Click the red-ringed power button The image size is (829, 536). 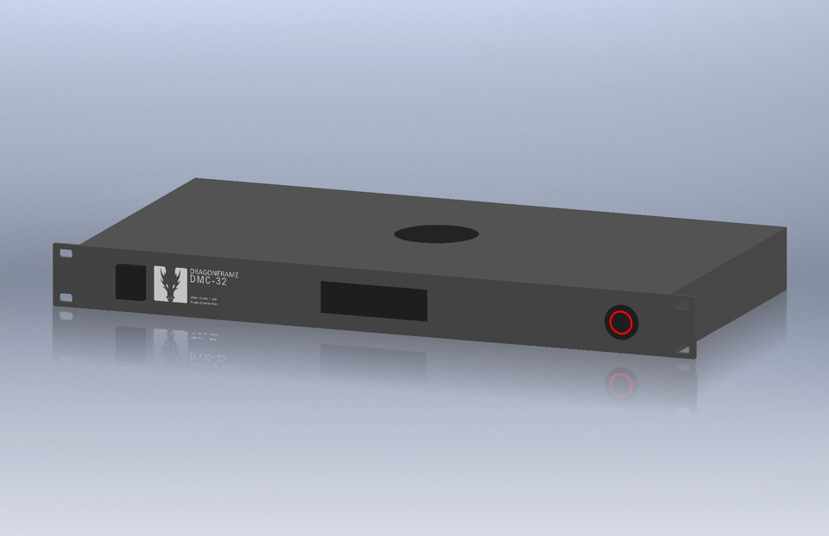[x=621, y=322]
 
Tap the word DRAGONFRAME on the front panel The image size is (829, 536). [x=214, y=272]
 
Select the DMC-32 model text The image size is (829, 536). [x=208, y=281]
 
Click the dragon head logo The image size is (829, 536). [x=169, y=284]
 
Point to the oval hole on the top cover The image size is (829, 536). [x=436, y=233]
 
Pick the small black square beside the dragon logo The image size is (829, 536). [x=131, y=282]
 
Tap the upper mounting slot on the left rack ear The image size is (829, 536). [x=65, y=255]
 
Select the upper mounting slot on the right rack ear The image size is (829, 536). [x=683, y=305]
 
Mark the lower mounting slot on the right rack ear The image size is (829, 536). [x=683, y=349]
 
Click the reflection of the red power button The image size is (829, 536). [x=621, y=383]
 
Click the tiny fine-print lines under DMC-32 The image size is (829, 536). [x=203, y=302]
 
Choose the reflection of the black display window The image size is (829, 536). [x=373, y=357]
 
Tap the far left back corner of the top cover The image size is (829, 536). [x=197, y=180]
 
